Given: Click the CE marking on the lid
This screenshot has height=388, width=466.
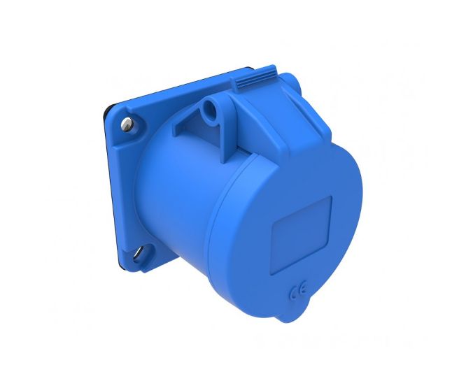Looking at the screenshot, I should pyautogui.click(x=295, y=288).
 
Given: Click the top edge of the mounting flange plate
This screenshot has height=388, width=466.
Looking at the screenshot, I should pyautogui.click(x=182, y=85).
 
